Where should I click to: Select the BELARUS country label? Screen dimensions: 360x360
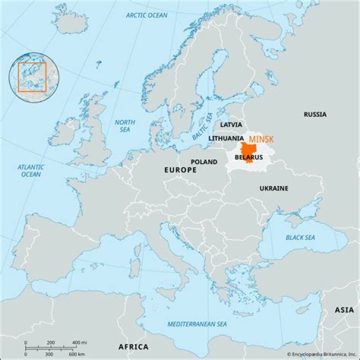click(x=248, y=157)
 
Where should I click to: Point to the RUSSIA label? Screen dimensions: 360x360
click(x=315, y=114)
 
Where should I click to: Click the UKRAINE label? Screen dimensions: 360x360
click(x=273, y=188)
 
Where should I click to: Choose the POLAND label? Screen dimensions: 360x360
click(x=204, y=162)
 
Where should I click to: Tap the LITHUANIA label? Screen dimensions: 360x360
click(x=226, y=138)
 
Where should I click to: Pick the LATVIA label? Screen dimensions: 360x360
click(x=231, y=124)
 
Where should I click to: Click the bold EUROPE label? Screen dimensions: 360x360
click(x=180, y=170)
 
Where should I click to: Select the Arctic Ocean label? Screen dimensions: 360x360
click(x=146, y=15)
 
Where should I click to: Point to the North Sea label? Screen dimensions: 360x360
click(x=125, y=126)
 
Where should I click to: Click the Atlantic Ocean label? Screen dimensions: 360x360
click(x=31, y=170)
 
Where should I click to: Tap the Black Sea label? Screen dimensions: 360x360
click(x=300, y=237)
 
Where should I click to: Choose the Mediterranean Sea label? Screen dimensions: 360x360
click(x=197, y=324)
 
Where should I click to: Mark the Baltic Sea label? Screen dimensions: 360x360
click(x=202, y=127)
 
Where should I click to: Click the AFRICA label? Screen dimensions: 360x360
click(x=133, y=347)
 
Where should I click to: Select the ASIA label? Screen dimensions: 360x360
click(x=344, y=310)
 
